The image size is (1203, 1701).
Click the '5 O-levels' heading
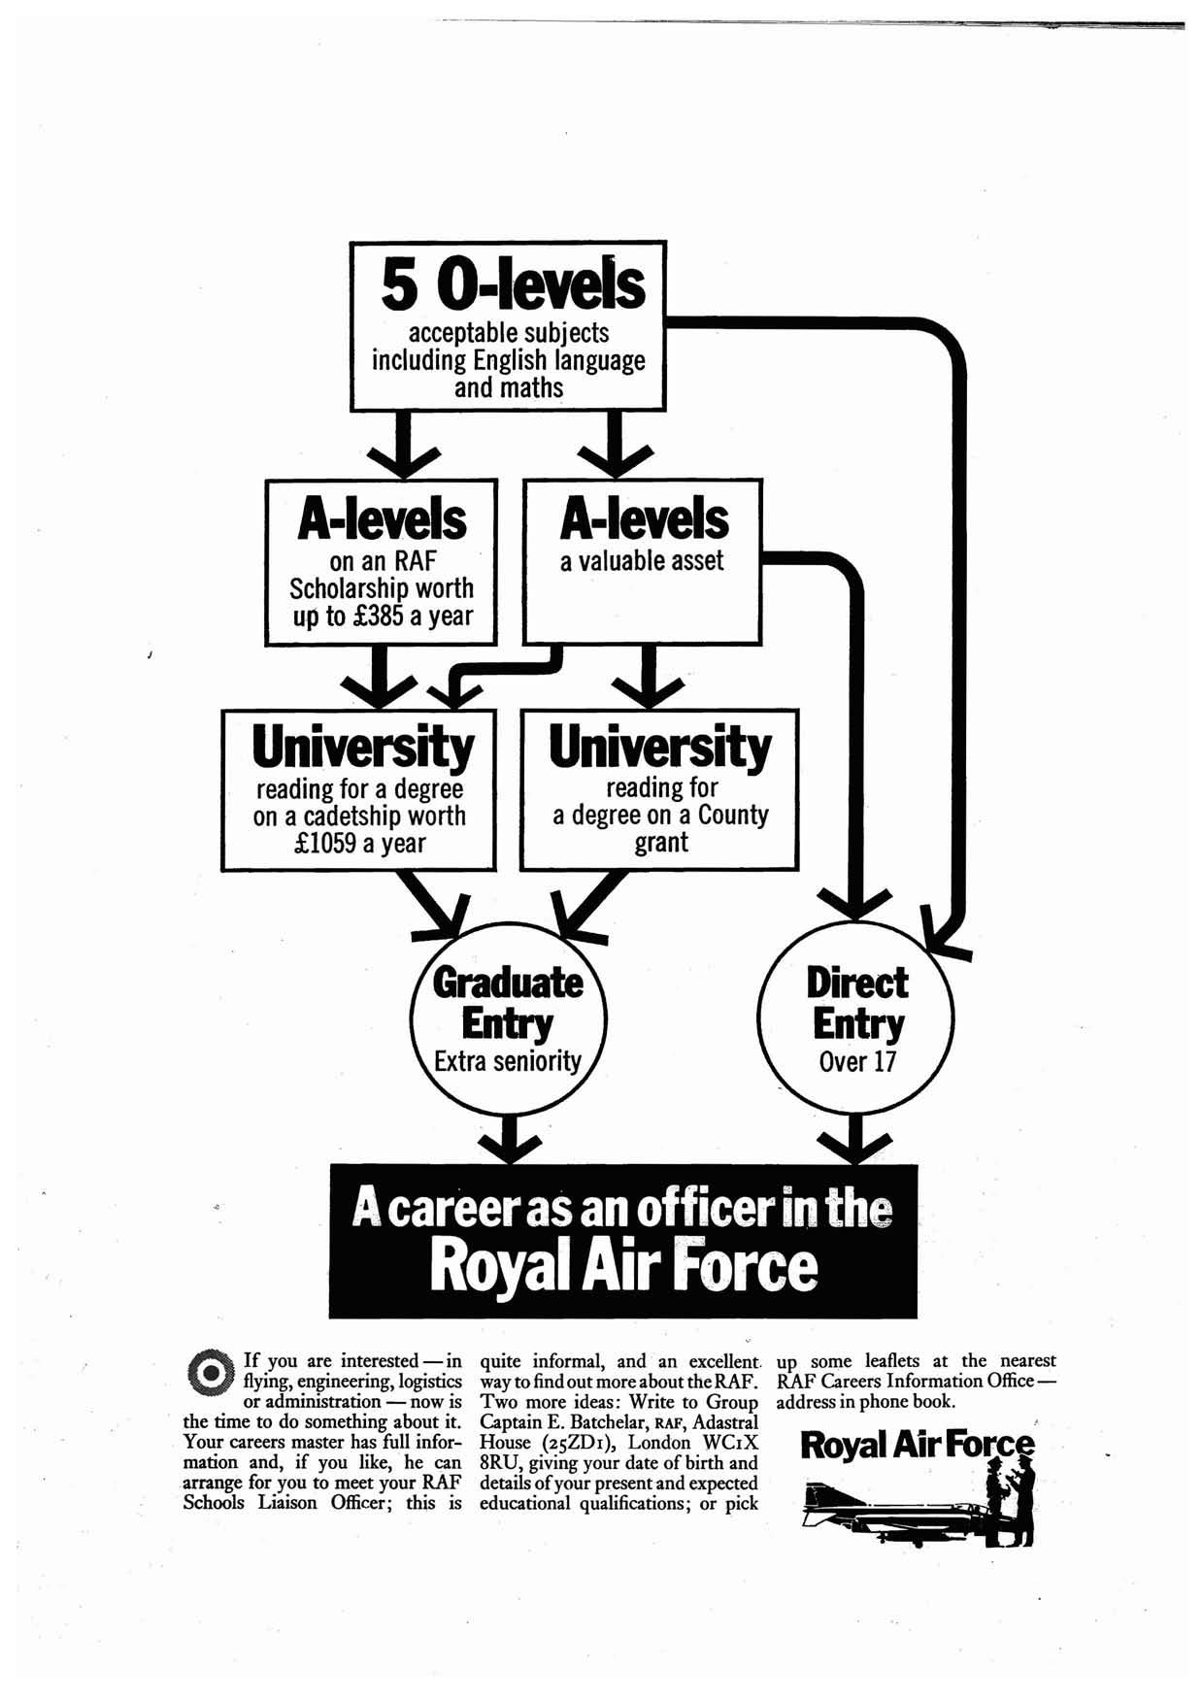[x=512, y=283]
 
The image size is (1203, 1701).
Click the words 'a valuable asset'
[x=642, y=561]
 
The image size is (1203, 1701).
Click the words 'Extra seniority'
[x=507, y=1061]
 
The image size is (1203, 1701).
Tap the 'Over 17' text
[x=856, y=1061]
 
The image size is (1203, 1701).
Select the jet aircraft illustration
[x=884, y=1513]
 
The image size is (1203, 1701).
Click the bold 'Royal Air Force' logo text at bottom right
[x=917, y=1446]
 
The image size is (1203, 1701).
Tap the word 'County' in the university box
[x=733, y=816]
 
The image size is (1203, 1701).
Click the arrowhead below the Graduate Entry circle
[x=508, y=1144]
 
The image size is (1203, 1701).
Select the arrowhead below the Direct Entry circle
[x=855, y=1144]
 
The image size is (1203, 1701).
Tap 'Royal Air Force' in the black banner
[x=623, y=1267]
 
